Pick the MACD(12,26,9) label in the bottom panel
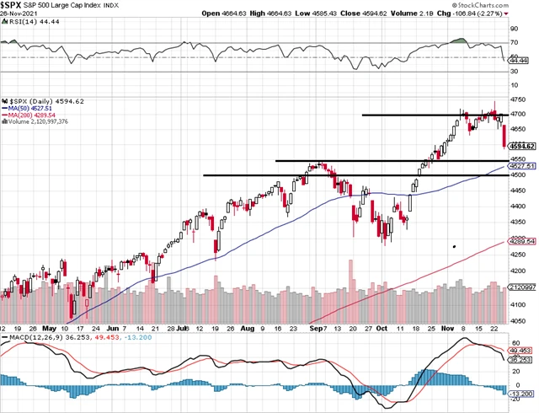[x=42, y=337]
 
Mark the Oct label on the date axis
[x=382, y=328]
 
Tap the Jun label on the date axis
[x=114, y=328]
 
